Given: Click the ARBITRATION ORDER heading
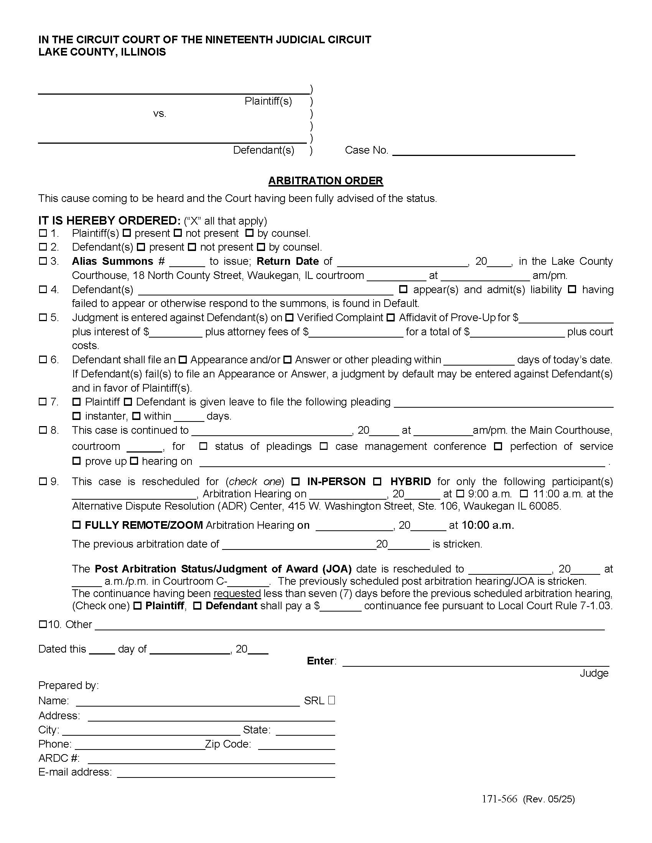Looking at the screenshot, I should (x=325, y=180).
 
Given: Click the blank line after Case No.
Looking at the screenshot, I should (x=483, y=151).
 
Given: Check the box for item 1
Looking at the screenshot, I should (x=43, y=233).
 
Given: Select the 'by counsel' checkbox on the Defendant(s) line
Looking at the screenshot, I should (x=261, y=247).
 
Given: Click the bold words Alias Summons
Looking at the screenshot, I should (x=112, y=261).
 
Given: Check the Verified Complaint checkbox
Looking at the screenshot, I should (x=289, y=318).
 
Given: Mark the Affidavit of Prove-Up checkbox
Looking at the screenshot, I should (x=391, y=318).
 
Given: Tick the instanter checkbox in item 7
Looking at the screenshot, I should (x=76, y=416).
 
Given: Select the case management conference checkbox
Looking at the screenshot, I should (x=324, y=446).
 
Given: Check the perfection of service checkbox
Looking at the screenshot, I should (x=498, y=446).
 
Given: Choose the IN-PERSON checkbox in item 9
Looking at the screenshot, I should (x=295, y=482).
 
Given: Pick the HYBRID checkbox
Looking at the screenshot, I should (x=377, y=482).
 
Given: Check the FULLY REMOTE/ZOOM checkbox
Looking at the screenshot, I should (x=76, y=525).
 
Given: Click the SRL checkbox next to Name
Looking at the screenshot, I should (x=331, y=700).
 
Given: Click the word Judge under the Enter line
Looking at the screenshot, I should (x=594, y=673).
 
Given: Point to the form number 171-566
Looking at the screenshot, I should (x=499, y=799).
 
